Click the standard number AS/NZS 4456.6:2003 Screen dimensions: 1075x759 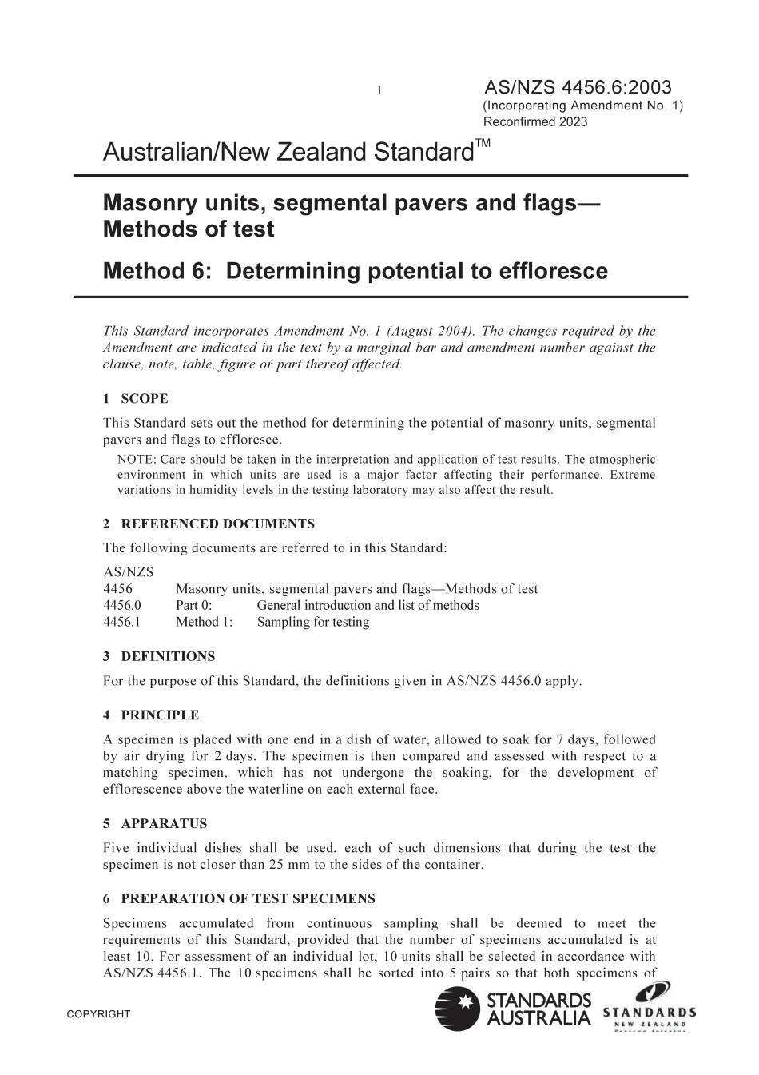pyautogui.click(x=578, y=87)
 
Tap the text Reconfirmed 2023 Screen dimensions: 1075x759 pyautogui.click(x=535, y=122)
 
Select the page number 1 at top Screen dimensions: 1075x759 pyautogui.click(x=379, y=90)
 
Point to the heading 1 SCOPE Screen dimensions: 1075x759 pyautogui.click(x=135, y=399)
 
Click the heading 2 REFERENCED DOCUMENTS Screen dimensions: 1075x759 pyautogui.click(x=209, y=524)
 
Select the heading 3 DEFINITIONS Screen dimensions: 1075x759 pyautogui.click(x=159, y=657)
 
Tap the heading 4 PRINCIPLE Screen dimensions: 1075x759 pyautogui.click(x=151, y=715)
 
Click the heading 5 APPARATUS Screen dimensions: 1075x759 pyautogui.click(x=155, y=824)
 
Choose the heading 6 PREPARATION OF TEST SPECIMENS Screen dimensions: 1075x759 pyautogui.click(x=239, y=899)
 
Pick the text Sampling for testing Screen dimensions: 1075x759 pyautogui.click(x=313, y=623)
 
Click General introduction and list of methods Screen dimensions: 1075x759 pyautogui.click(x=368, y=606)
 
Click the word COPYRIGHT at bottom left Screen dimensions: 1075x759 pyautogui.click(x=98, y=1015)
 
